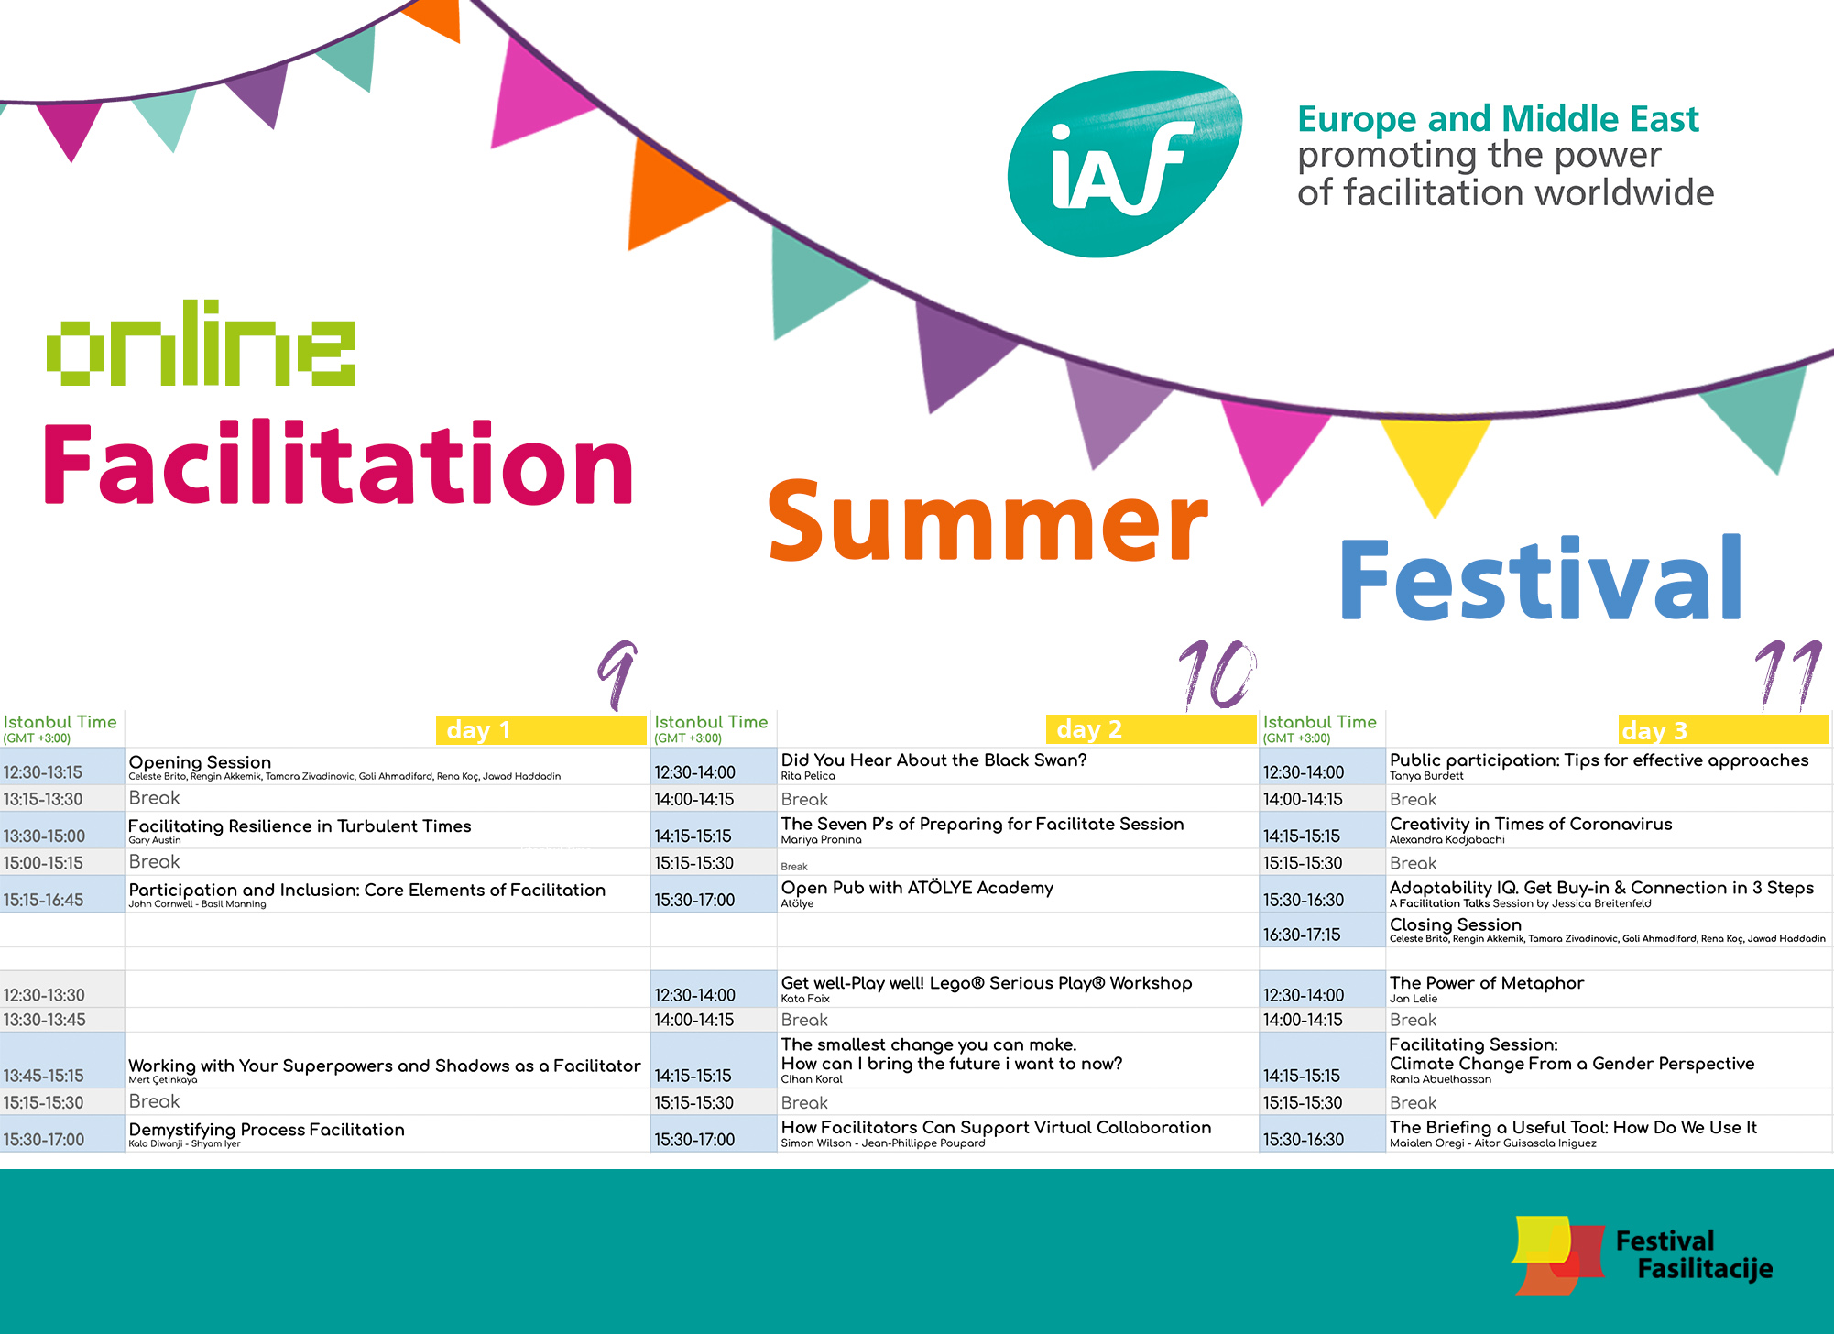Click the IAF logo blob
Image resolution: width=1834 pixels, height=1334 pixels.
pyautogui.click(x=1125, y=163)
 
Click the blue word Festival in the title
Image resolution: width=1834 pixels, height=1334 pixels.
pyautogui.click(x=1541, y=578)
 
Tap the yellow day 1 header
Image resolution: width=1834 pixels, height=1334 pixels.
pyautogui.click(x=540, y=730)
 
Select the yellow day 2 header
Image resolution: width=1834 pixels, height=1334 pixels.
pyautogui.click(x=1151, y=729)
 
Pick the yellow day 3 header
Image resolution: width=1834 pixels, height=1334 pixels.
pyautogui.click(x=1723, y=730)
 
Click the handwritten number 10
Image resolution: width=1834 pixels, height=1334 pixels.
pyautogui.click(x=1217, y=674)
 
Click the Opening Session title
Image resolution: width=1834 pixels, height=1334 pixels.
pyautogui.click(x=200, y=762)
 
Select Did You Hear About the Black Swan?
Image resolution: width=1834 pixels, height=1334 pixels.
pyautogui.click(x=933, y=760)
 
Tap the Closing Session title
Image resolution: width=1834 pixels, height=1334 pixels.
pyautogui.click(x=1455, y=924)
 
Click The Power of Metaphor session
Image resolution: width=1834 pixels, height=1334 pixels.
pyautogui.click(x=1486, y=983)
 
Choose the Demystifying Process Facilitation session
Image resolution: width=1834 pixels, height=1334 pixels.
pyautogui.click(x=267, y=1130)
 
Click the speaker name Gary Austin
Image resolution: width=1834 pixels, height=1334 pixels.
pyautogui.click(x=155, y=840)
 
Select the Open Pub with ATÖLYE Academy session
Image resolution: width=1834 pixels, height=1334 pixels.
pyautogui.click(x=917, y=888)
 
